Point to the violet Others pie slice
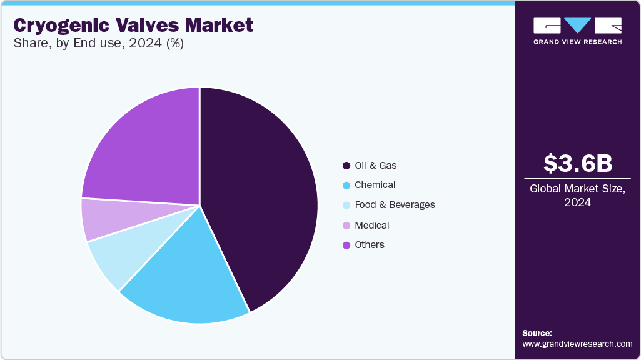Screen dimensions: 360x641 pyautogui.click(x=144, y=150)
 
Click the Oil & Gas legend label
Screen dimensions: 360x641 pyautogui.click(x=375, y=166)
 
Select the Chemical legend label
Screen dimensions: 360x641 pyautogui.click(x=375, y=185)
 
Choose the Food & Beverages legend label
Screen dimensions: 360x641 pyautogui.click(x=395, y=205)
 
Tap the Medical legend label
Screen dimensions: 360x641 pyautogui.click(x=371, y=225)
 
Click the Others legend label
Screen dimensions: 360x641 pyautogui.click(x=369, y=245)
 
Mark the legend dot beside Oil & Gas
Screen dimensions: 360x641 pyautogui.click(x=346, y=166)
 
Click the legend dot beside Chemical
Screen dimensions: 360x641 pyautogui.click(x=346, y=186)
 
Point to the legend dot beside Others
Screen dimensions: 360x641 pyautogui.click(x=346, y=245)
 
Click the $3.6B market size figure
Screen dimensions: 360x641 pyautogui.click(x=577, y=163)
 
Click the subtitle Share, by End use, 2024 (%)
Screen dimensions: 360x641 pyautogui.click(x=98, y=44)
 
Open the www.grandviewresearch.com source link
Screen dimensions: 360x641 pyautogui.click(x=577, y=344)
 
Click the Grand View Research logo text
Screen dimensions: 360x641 pyautogui.click(x=577, y=42)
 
